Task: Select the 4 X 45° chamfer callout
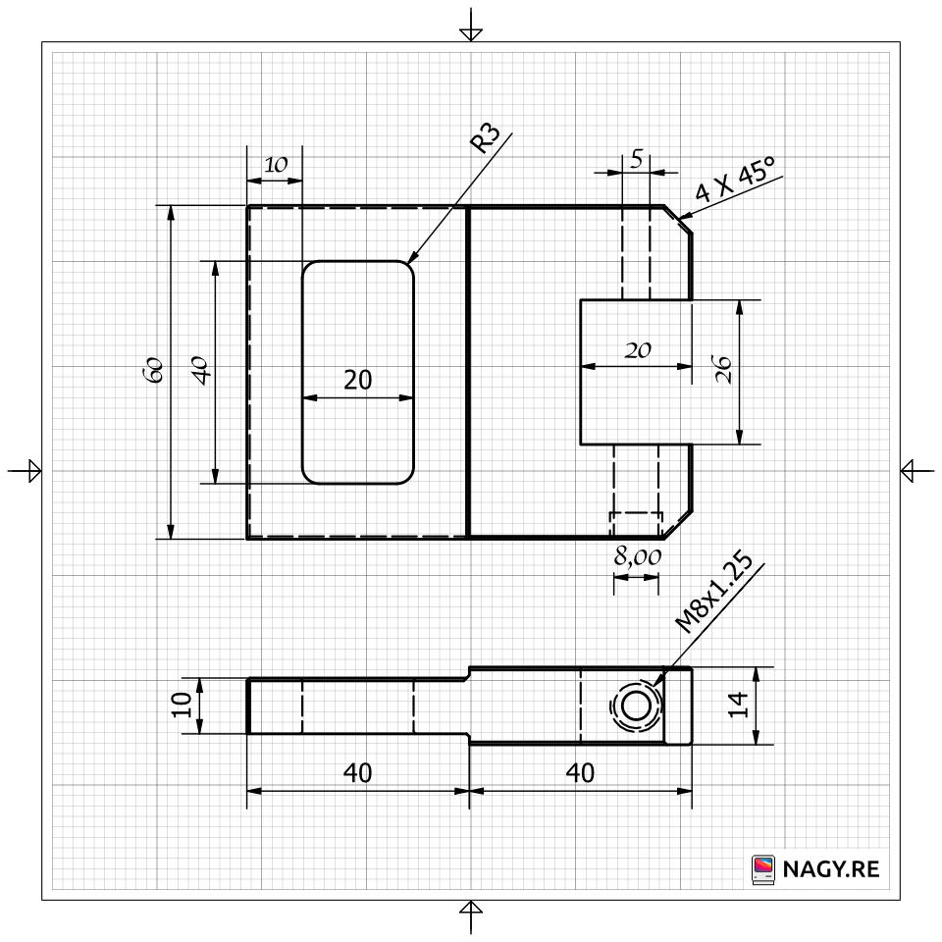tap(735, 179)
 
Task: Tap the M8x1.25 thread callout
tap(713, 593)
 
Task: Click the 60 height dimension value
tap(153, 370)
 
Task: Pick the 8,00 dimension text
tap(638, 557)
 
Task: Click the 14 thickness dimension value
tap(738, 705)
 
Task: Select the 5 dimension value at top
tap(637, 159)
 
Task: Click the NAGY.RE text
tap(831, 869)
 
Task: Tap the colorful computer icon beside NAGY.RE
tap(763, 869)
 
